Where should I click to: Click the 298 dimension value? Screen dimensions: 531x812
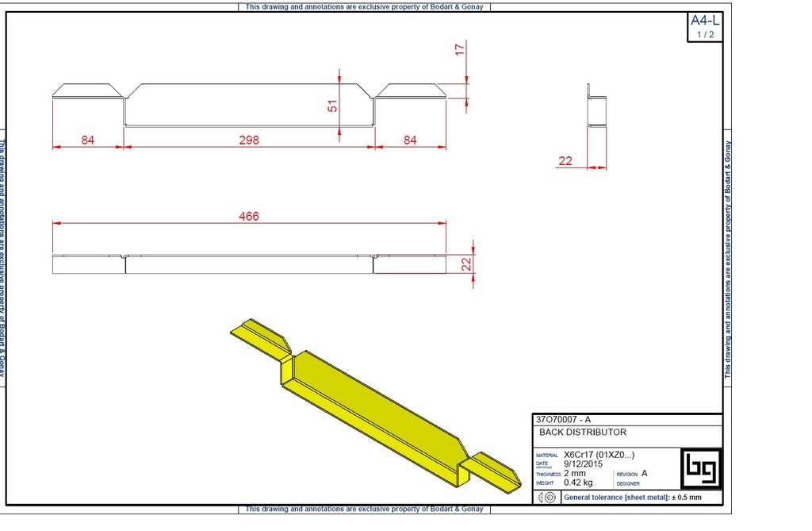tap(249, 140)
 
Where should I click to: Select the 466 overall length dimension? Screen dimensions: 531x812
tap(249, 216)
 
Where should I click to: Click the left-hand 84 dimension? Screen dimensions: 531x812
tap(87, 140)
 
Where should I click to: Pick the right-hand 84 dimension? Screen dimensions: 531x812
tap(410, 140)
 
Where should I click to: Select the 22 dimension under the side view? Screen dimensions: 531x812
tap(565, 161)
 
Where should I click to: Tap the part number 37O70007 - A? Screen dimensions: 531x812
tap(563, 419)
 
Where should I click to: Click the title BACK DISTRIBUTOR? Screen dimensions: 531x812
tap(583, 433)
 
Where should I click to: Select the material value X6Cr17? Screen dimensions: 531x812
tap(599, 455)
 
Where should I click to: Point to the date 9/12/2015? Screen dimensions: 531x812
tap(583, 464)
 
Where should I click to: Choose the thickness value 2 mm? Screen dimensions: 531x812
tap(575, 473)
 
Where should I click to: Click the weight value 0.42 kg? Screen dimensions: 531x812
tap(578, 483)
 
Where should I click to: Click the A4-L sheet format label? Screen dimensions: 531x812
tap(704, 21)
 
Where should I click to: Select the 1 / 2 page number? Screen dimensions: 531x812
tap(704, 34)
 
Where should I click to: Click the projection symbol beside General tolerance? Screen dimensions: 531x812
tap(546, 497)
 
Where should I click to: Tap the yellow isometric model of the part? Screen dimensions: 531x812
tap(373, 397)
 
